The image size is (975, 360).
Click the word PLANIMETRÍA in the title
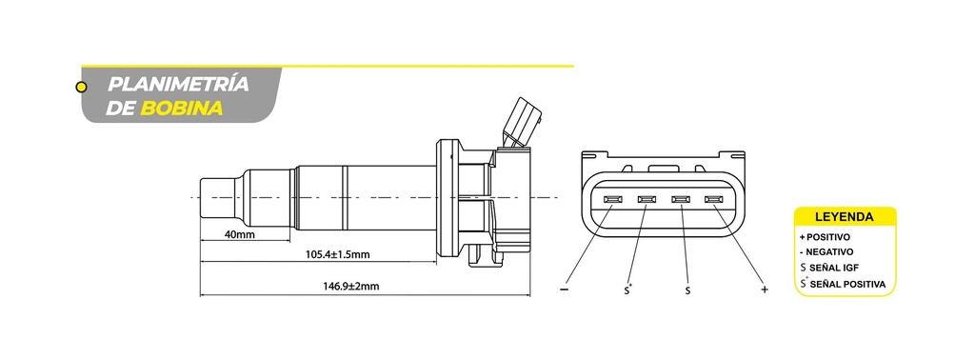coord(178,85)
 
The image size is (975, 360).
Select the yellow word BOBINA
coord(182,109)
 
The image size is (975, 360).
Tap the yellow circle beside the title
coord(81,87)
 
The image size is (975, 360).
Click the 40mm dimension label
coord(239,235)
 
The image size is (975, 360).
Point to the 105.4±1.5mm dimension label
coord(338,254)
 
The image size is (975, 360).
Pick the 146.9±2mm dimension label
coord(350,287)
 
